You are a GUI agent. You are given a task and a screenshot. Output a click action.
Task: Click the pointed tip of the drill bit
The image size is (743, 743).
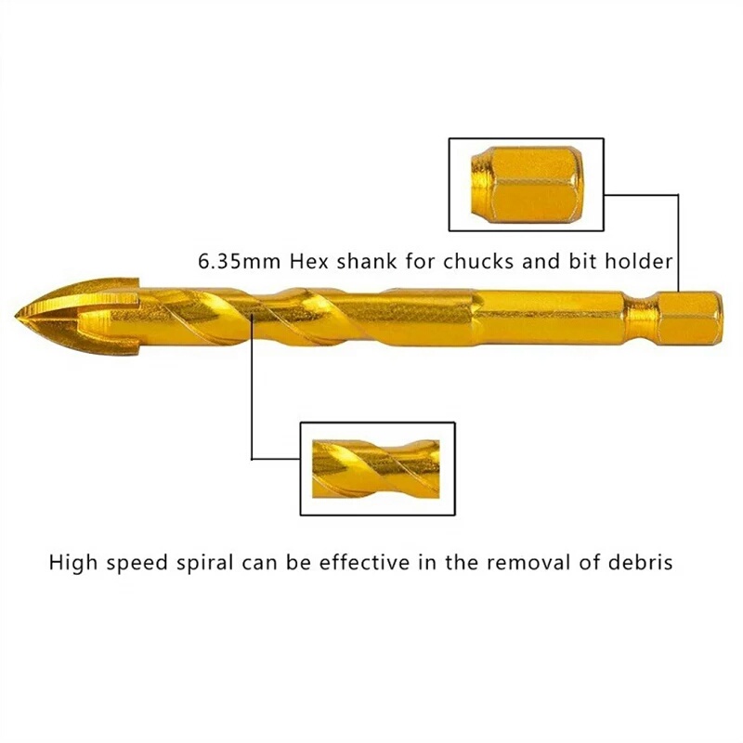(x=16, y=315)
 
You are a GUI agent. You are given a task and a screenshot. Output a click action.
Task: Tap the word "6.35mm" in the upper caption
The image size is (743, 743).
(x=239, y=262)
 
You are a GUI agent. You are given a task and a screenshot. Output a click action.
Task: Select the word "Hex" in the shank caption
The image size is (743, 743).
(x=309, y=262)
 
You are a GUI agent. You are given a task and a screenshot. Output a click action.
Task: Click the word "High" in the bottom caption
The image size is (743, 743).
(x=72, y=563)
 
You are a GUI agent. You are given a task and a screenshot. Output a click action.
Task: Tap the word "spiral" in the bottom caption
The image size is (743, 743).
(x=204, y=563)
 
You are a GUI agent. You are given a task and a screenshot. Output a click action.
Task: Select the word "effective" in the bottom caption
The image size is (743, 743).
(x=364, y=563)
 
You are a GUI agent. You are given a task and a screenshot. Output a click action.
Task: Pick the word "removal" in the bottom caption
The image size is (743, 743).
(x=529, y=563)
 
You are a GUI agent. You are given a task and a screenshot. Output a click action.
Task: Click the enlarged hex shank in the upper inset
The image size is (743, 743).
(x=527, y=185)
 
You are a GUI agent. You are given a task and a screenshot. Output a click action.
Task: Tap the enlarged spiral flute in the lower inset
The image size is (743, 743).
(x=376, y=469)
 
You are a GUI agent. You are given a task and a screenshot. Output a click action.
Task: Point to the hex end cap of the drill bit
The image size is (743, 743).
(x=685, y=317)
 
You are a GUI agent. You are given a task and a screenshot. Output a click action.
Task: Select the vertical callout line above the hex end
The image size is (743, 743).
(x=678, y=242)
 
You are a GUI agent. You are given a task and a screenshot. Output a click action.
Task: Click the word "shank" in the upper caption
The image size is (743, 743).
(x=367, y=262)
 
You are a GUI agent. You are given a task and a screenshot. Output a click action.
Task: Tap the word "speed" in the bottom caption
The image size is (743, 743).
(x=137, y=564)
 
